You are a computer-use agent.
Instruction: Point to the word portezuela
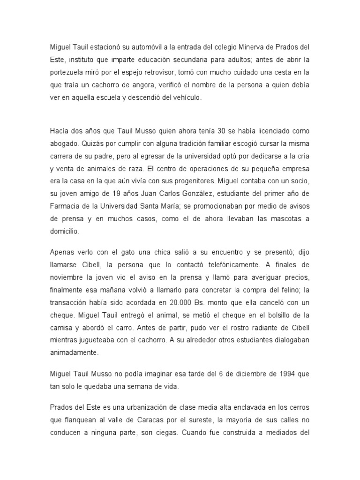coord(69,72)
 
